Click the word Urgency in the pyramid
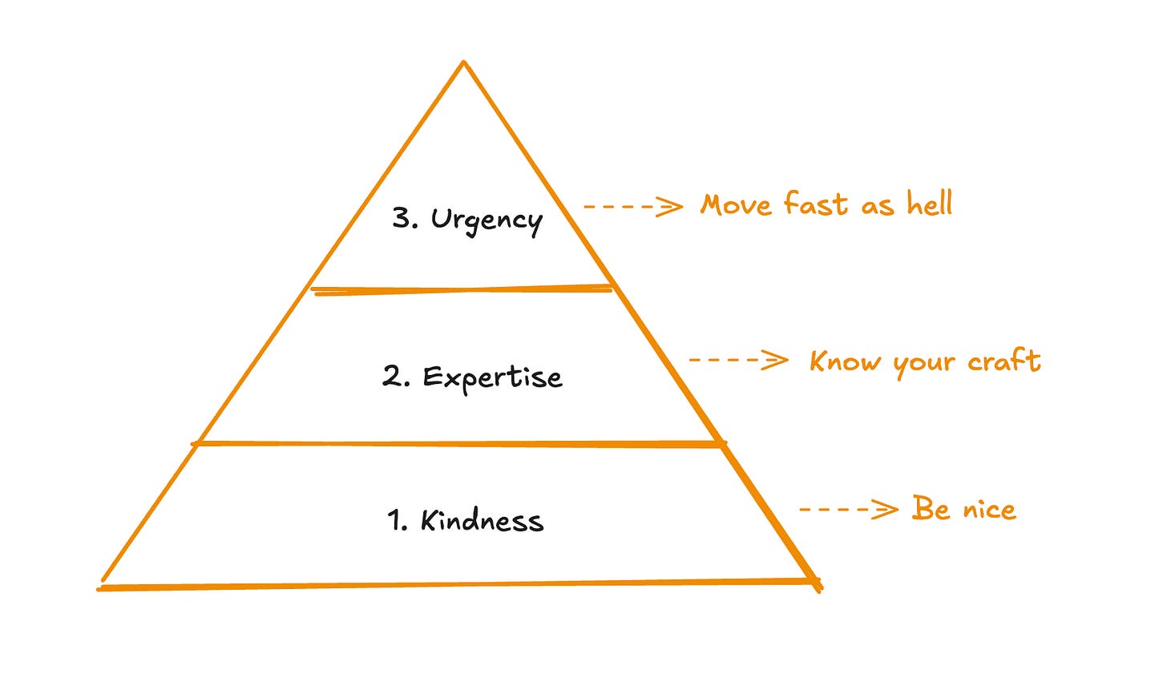(487, 220)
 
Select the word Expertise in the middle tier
(492, 377)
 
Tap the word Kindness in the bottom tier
(482, 521)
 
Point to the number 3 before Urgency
(402, 218)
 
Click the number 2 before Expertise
(393, 377)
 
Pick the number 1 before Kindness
(396, 521)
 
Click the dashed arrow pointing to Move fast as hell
(633, 207)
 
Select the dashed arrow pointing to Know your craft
(738, 360)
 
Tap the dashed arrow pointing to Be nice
(849, 509)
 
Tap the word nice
(988, 510)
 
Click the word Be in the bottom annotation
(930, 509)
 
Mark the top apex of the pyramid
(463, 62)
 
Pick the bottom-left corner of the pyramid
(100, 587)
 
